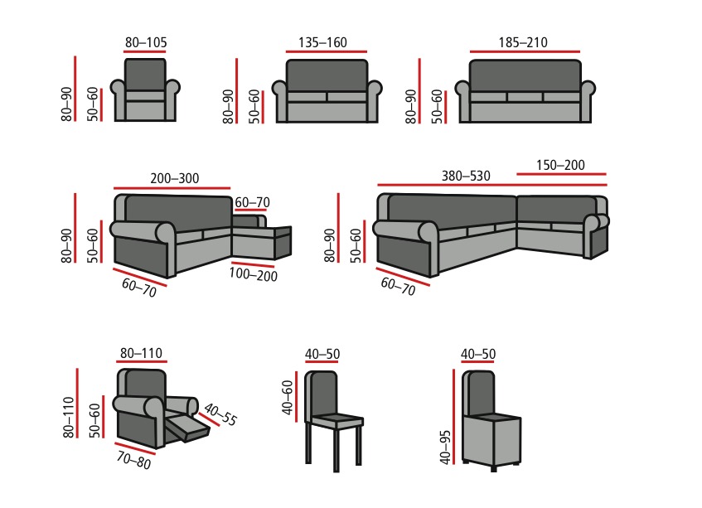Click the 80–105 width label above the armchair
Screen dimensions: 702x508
point(146,42)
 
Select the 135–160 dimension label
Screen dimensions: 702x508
point(322,42)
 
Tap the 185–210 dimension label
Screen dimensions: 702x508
point(523,42)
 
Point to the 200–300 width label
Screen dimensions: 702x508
point(175,178)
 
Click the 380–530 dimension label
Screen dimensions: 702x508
point(466,176)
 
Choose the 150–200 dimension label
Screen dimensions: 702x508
point(560,165)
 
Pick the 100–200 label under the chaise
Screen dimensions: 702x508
point(253,274)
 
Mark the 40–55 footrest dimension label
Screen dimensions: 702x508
point(220,414)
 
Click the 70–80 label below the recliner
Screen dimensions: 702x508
point(134,460)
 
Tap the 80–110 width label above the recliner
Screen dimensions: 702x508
point(141,354)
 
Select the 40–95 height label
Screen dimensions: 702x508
point(445,448)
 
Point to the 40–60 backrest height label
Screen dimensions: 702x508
point(288,398)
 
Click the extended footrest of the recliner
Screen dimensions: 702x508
point(188,428)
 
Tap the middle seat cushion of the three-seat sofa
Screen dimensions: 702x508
point(525,97)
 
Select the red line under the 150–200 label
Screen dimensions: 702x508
point(561,174)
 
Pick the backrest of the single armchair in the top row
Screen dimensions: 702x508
point(145,75)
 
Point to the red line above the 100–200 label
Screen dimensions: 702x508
point(253,264)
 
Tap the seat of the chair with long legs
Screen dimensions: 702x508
point(336,421)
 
